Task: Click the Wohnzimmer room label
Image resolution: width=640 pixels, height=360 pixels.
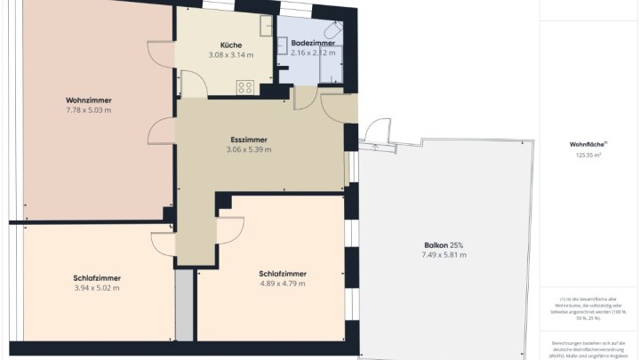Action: [x=88, y=100]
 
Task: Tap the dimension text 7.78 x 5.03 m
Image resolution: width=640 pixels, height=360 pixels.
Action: [x=88, y=110]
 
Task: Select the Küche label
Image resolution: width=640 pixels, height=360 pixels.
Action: [x=231, y=44]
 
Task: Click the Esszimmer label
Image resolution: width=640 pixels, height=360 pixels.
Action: [x=249, y=140]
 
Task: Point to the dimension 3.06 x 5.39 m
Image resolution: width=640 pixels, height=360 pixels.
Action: [x=249, y=149]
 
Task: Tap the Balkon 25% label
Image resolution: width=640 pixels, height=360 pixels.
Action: [x=444, y=244]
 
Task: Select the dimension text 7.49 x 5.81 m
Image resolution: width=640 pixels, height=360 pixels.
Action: [x=444, y=255]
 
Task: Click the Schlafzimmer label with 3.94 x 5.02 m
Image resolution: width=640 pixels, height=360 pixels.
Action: [x=97, y=277]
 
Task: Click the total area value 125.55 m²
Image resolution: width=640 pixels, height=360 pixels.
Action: [x=587, y=156]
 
